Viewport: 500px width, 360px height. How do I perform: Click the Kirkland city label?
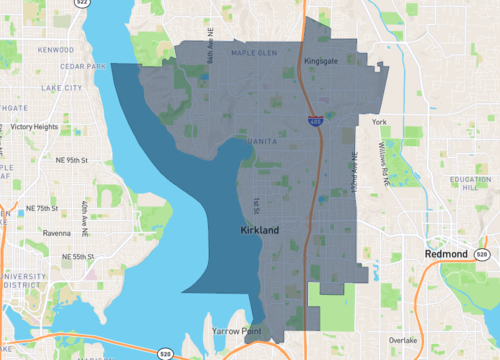pyautogui.click(x=261, y=230)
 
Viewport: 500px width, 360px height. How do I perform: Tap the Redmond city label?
pyautogui.click(x=446, y=255)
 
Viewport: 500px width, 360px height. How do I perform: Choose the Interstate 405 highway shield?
pyautogui.click(x=315, y=121)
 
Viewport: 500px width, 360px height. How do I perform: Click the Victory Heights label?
pyautogui.click(x=34, y=127)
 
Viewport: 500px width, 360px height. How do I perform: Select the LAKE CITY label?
pyautogui.click(x=61, y=88)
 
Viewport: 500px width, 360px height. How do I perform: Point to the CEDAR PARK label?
pyautogui.click(x=56, y=68)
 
